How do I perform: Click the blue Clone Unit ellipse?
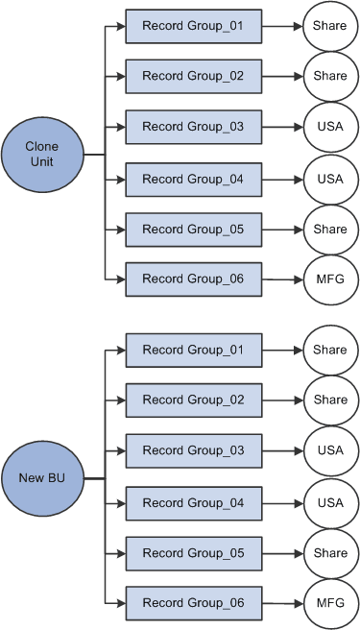(42, 154)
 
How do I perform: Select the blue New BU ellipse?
(42, 477)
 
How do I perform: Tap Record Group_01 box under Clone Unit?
(194, 26)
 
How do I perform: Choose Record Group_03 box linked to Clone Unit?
(194, 127)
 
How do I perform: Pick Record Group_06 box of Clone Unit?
(194, 279)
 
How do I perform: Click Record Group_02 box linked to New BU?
(194, 400)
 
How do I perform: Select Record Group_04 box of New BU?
(194, 502)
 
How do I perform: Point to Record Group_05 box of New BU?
(194, 553)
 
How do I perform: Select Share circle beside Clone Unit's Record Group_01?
(329, 26)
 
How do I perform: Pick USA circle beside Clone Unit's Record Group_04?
(329, 179)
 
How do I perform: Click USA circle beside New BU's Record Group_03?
(329, 450)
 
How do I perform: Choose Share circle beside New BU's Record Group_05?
(329, 553)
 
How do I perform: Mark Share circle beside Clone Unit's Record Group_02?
(329, 76)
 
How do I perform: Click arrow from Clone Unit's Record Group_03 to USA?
(282, 127)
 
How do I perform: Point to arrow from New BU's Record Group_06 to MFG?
(282, 604)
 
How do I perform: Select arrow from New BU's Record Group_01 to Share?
(282, 350)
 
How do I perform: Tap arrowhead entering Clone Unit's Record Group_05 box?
(120, 230)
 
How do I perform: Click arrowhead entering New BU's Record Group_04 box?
(120, 502)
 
